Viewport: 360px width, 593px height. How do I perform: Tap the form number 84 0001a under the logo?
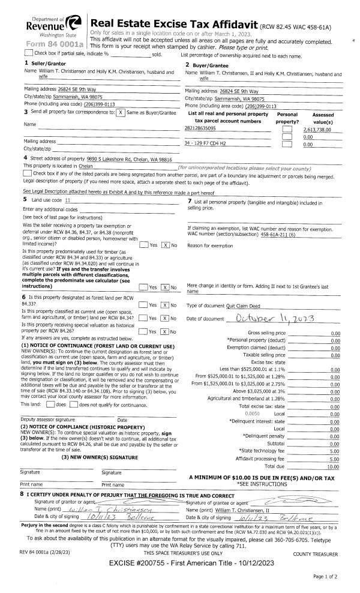pyautogui.click(x=52, y=44)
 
